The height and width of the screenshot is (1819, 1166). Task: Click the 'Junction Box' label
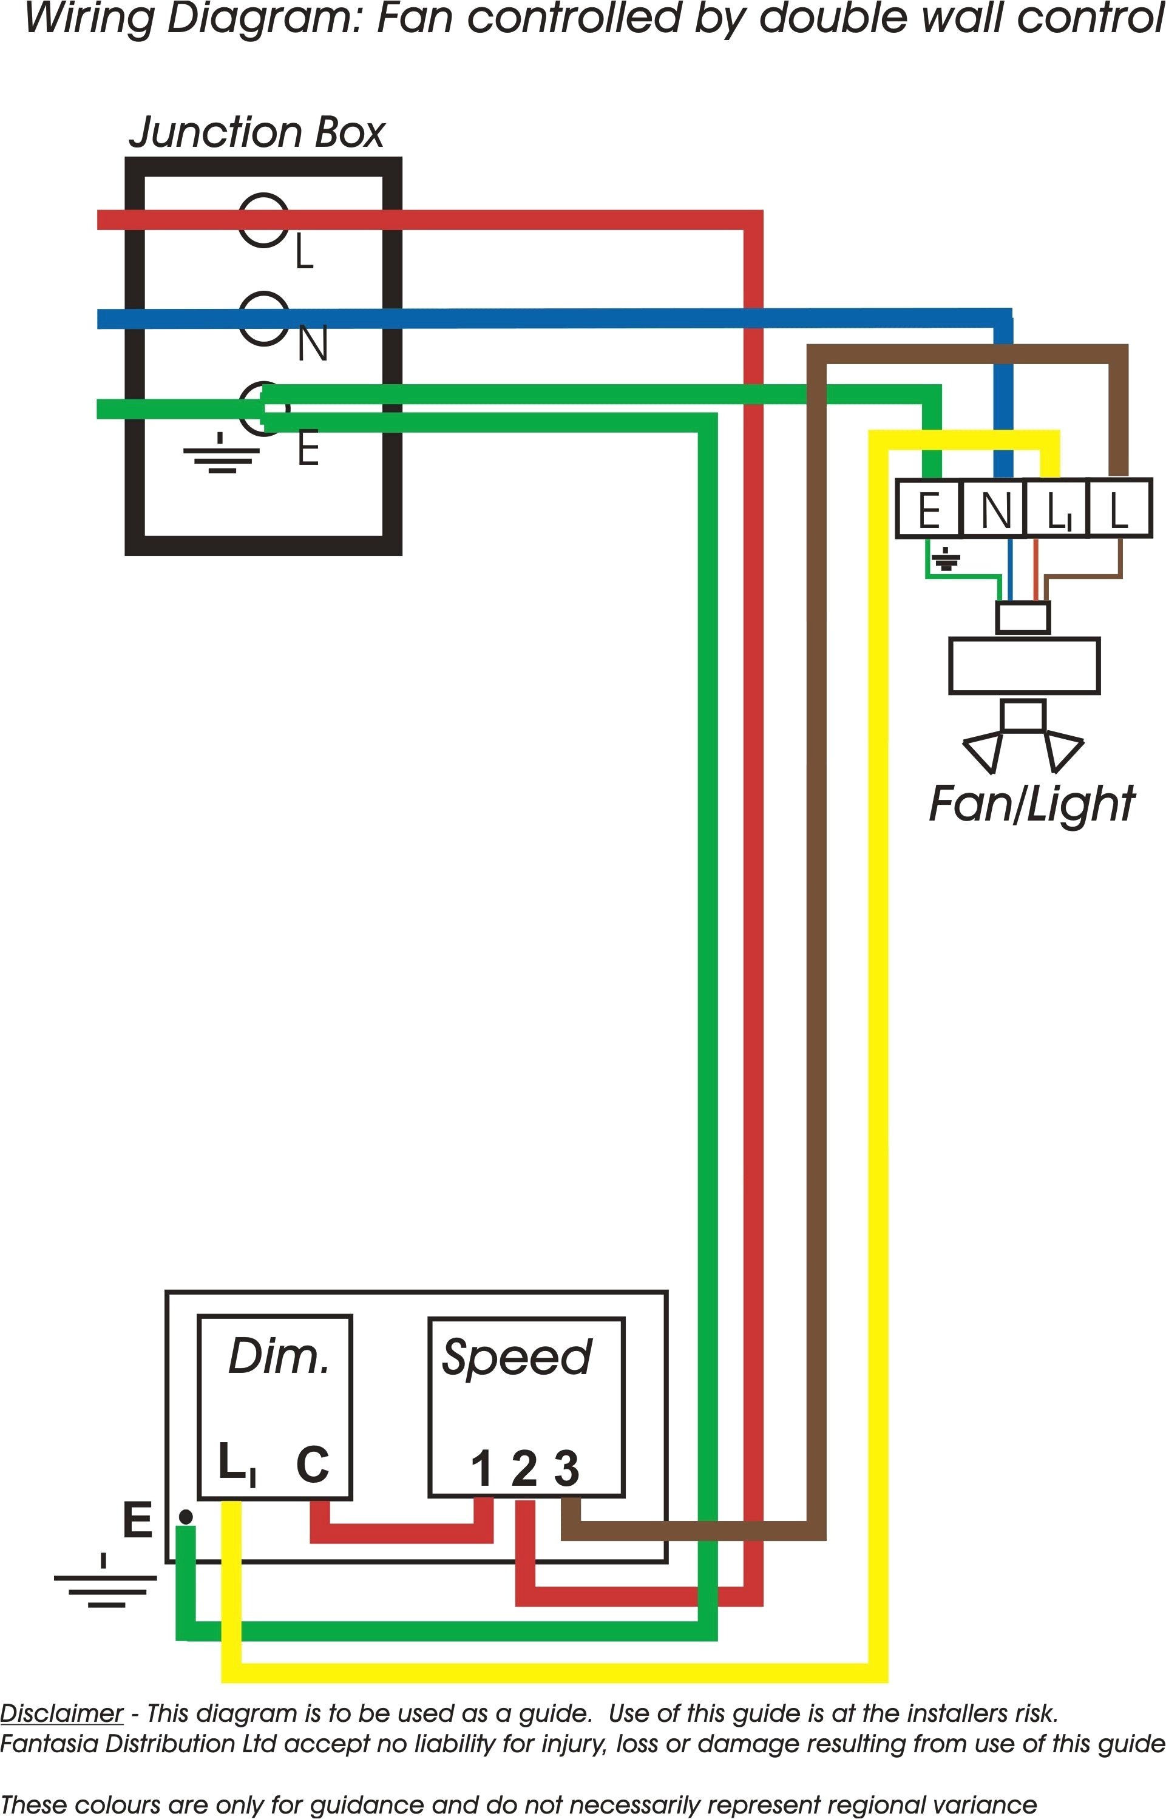coord(257,132)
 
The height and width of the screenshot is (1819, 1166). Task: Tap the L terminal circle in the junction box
coord(263,220)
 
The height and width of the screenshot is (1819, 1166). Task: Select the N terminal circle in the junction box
coord(263,318)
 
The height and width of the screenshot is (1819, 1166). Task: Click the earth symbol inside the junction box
coord(220,454)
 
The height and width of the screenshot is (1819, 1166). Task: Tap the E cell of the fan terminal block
coord(928,509)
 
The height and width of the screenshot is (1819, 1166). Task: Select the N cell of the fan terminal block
coord(995,509)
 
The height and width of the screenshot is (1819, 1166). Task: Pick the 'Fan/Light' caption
coord(1031,804)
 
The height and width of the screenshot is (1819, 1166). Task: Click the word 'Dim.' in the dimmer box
coord(279,1357)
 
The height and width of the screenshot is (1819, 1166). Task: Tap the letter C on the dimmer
coord(312,1464)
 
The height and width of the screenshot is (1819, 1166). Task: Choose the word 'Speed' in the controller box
coord(517,1357)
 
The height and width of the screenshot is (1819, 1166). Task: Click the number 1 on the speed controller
coord(481,1469)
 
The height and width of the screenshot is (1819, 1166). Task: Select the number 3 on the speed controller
coord(566,1469)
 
